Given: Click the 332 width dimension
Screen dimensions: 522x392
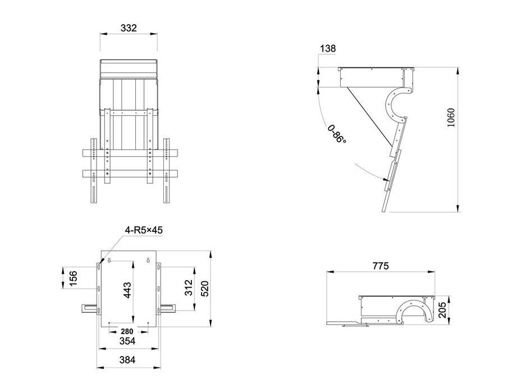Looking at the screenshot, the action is [x=129, y=28].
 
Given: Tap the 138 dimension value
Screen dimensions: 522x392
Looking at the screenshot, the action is [x=328, y=49].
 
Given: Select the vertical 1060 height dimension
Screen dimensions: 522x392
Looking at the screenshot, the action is [x=450, y=117].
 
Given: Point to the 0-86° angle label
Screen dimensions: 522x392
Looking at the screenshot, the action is [x=337, y=134].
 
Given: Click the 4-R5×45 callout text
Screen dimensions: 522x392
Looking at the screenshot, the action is [x=144, y=230].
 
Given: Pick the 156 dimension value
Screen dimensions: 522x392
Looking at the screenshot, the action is [x=73, y=278].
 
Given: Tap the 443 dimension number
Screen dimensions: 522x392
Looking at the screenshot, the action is [x=127, y=290].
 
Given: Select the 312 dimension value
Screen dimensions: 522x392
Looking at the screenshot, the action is [x=189, y=288].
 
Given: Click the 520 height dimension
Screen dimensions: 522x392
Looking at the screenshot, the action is [x=204, y=289].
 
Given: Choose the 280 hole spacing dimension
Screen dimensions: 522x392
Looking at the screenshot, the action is [x=127, y=331].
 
